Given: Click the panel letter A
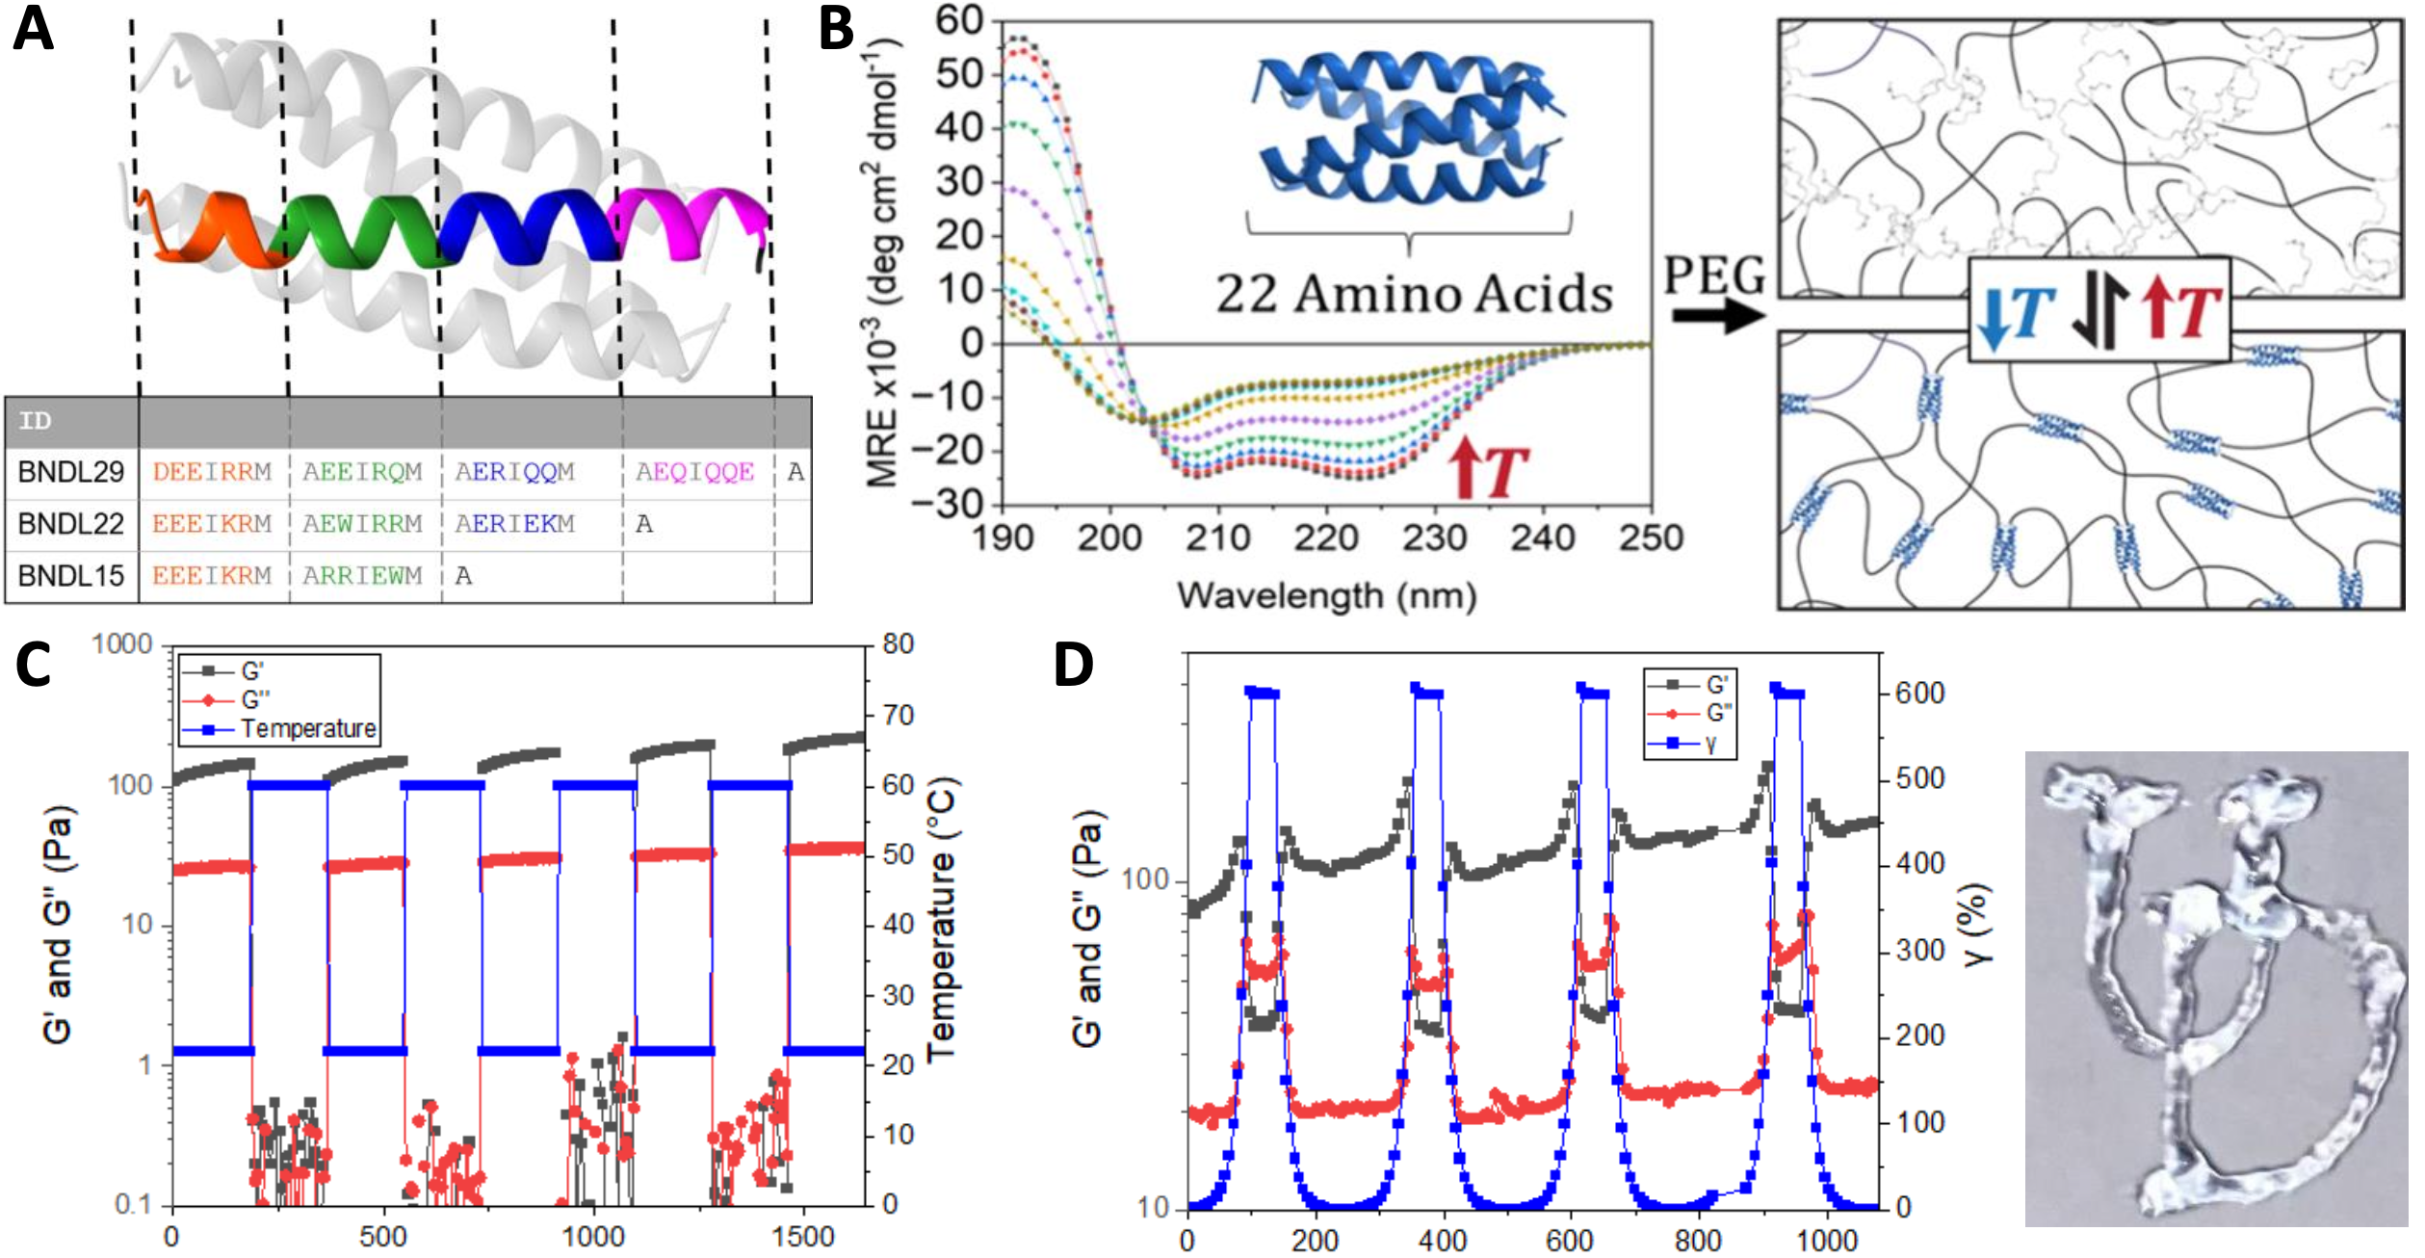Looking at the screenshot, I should pos(33,29).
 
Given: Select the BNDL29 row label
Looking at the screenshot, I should pos(71,472).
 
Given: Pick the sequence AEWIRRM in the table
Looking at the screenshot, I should pos(362,524).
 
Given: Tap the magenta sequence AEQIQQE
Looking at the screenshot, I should pos(694,472).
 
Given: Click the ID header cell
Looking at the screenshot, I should pos(36,421).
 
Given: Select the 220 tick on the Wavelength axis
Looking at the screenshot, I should pos(1325,537).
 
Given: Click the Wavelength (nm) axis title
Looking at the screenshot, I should pos(1326,595).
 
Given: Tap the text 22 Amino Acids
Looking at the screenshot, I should pos(1413,294).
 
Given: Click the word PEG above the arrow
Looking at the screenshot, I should pos(1715,276).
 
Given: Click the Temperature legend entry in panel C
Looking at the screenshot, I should pos(308,728).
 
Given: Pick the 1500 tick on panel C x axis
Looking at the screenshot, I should pos(803,1237).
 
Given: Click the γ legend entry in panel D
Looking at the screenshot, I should pos(1710,743).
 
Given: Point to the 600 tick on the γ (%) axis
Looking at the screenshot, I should pos(1919,694).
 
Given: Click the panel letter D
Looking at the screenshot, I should pos(1074,665).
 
